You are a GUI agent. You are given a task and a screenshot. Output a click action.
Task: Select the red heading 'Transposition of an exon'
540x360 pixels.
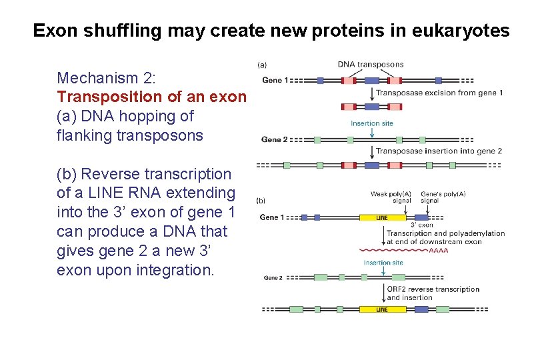pyautogui.click(x=152, y=97)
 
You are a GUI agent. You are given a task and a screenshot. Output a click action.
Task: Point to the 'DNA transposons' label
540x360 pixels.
pyautogui.click(x=371, y=65)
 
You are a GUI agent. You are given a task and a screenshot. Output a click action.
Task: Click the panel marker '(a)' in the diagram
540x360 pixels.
pyautogui.click(x=262, y=65)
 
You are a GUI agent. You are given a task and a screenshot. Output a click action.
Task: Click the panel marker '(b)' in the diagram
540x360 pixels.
pyautogui.click(x=261, y=199)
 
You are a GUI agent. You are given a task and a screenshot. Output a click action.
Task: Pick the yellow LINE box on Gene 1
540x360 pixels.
pyautogui.click(x=382, y=217)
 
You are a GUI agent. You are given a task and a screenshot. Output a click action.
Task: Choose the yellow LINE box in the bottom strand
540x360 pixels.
pyautogui.click(x=382, y=309)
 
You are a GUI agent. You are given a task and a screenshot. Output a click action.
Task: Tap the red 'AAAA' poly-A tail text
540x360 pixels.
pyautogui.click(x=438, y=251)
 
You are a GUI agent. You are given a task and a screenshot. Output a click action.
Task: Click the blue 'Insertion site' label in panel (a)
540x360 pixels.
pyautogui.click(x=372, y=123)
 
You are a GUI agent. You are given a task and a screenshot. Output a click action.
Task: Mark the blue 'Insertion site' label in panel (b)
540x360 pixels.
pyautogui.click(x=383, y=263)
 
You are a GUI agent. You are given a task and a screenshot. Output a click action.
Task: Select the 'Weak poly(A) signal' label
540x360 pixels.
pyautogui.click(x=391, y=197)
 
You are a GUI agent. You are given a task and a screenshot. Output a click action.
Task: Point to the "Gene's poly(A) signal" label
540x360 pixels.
pyautogui.click(x=443, y=197)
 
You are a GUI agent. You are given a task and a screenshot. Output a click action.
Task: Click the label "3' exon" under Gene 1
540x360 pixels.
pyautogui.click(x=421, y=225)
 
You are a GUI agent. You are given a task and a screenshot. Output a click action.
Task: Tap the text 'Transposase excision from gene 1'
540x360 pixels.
pyautogui.click(x=439, y=93)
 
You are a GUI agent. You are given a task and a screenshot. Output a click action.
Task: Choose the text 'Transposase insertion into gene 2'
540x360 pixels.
pyautogui.click(x=439, y=151)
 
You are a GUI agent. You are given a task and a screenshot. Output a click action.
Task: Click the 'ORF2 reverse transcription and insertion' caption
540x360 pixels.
pyautogui.click(x=433, y=293)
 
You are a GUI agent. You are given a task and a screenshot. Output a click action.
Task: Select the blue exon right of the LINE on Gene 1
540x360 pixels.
pyautogui.click(x=421, y=217)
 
